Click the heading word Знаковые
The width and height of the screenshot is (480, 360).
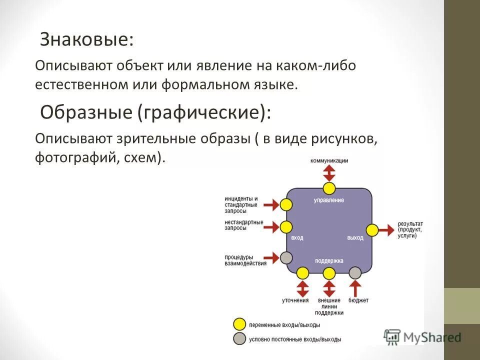(86, 39)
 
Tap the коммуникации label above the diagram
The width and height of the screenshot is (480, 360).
(329, 160)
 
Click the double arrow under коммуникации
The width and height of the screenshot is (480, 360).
(329, 173)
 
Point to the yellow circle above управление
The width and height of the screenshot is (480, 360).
(329, 188)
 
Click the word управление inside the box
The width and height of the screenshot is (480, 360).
(329, 200)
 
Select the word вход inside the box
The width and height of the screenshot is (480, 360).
(297, 237)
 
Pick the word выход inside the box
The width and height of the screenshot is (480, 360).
(355, 237)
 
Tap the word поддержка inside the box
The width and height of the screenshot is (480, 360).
(329, 261)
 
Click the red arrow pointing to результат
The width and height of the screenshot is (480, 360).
(386, 230)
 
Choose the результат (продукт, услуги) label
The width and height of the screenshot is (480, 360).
(410, 229)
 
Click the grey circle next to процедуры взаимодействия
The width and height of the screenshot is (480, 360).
(286, 257)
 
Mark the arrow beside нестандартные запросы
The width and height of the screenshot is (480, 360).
(271, 227)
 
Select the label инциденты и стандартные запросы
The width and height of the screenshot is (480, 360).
(241, 204)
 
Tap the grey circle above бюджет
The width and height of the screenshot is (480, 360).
(355, 273)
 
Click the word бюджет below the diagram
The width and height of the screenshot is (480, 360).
(358, 300)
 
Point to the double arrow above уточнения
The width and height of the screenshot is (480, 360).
(302, 288)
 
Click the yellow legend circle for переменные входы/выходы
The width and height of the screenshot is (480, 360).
(240, 324)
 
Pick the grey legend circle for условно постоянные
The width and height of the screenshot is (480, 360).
(240, 338)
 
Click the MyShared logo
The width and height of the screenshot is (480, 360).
(422, 337)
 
